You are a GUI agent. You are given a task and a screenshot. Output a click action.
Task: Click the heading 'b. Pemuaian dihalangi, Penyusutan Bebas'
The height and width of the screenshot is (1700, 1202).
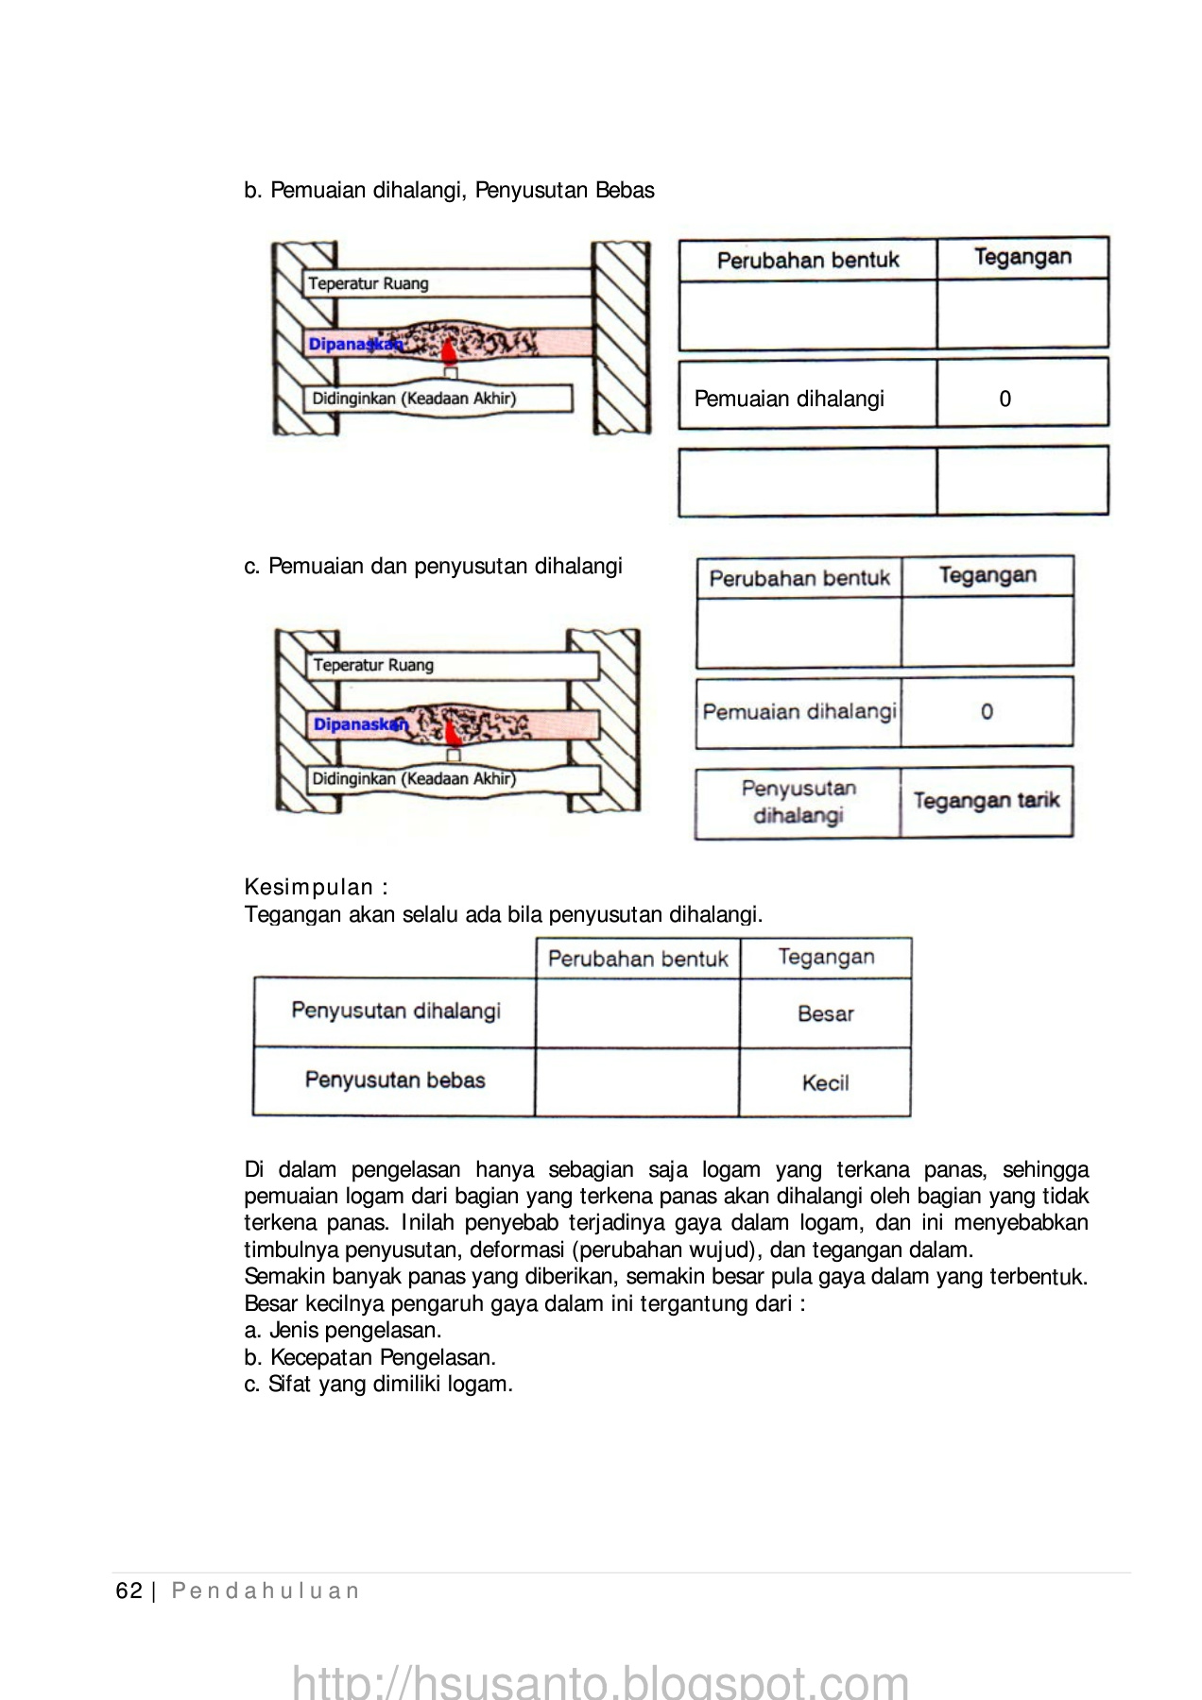click(x=449, y=191)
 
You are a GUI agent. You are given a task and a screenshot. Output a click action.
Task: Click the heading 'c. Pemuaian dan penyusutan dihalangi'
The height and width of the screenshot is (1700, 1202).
click(x=433, y=567)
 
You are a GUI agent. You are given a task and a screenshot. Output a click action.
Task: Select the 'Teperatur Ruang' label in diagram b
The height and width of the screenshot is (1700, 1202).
click(x=369, y=283)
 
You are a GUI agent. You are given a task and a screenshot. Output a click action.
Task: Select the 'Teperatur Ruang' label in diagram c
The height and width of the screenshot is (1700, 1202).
click(x=373, y=665)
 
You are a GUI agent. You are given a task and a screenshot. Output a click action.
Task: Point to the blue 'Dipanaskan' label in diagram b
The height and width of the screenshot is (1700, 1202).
click(x=354, y=345)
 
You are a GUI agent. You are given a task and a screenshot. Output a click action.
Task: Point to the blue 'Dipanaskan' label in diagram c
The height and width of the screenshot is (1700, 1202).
click(x=360, y=724)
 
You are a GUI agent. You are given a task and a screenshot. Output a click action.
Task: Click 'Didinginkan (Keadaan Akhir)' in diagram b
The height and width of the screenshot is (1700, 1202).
click(x=414, y=399)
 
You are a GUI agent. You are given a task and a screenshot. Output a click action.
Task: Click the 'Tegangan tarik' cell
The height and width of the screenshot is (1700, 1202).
click(x=986, y=801)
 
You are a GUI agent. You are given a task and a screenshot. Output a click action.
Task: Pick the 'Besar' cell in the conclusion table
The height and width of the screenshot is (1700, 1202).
click(x=825, y=1014)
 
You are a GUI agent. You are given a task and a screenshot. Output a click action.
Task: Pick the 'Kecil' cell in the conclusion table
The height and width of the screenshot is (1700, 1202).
click(x=825, y=1083)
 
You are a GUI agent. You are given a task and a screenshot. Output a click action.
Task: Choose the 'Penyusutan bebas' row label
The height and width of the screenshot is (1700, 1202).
click(x=395, y=1080)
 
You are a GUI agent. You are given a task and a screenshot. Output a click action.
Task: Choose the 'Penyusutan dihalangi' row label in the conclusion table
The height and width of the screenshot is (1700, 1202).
click(x=396, y=1011)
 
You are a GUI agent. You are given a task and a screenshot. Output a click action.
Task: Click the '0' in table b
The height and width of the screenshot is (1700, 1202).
click(x=1005, y=399)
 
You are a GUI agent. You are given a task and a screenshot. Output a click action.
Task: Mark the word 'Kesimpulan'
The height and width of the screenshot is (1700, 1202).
click(x=309, y=887)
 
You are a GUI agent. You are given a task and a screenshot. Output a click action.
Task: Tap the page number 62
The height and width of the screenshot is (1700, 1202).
click(x=129, y=1591)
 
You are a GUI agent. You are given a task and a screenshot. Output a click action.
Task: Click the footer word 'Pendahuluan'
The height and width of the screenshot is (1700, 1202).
click(x=266, y=1591)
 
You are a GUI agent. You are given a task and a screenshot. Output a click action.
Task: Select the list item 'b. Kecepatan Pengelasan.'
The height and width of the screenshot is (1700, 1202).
click(x=369, y=1358)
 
